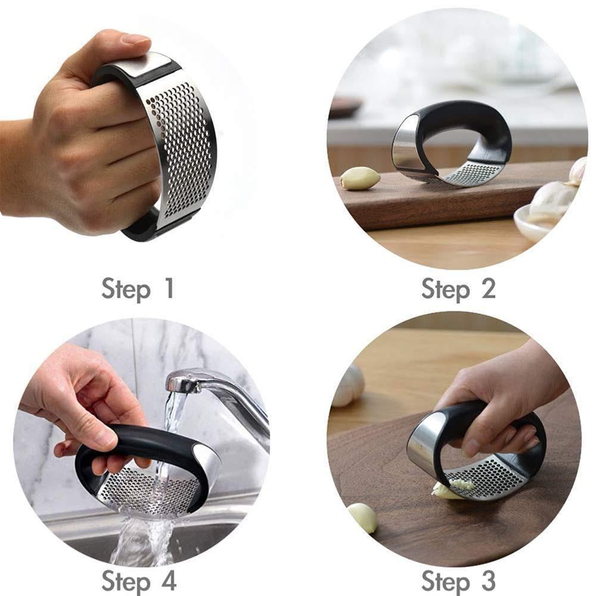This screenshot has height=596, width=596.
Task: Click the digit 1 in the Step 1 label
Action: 168,288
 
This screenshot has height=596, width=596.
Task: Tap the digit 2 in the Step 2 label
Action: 488,288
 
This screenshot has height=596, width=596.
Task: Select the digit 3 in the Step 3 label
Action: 488,579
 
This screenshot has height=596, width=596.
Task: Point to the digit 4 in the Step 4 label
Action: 168,579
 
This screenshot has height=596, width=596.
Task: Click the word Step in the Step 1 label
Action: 126,290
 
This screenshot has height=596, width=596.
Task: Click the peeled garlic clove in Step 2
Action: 360,178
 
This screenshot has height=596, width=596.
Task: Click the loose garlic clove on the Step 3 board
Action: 362,517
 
